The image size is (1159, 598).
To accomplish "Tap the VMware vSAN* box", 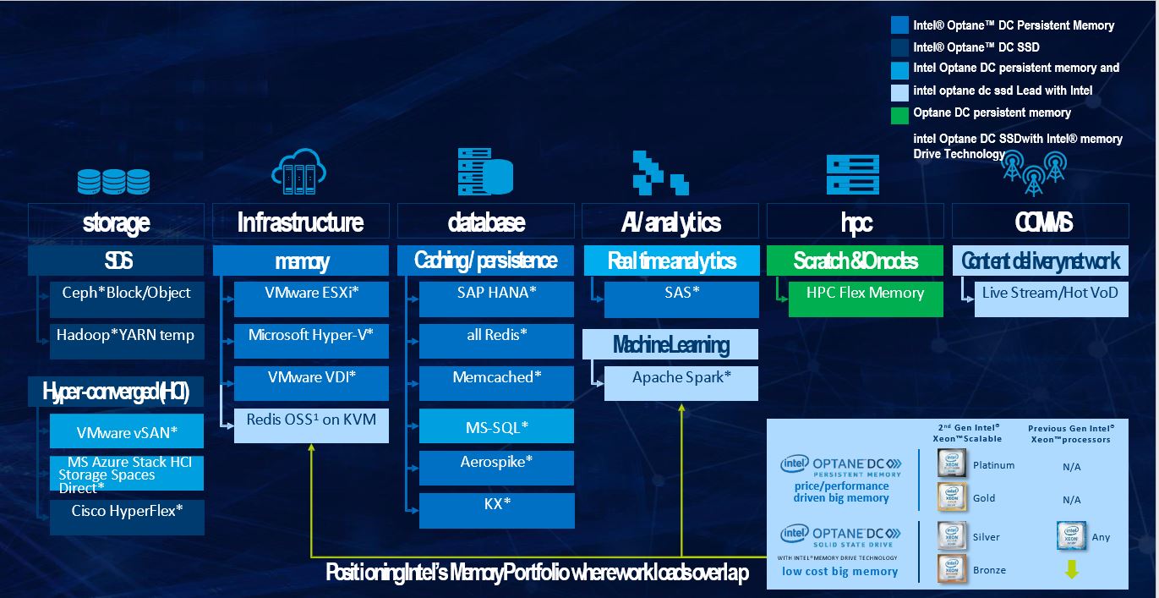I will [x=127, y=431].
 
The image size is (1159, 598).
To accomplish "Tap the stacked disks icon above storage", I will [x=113, y=180].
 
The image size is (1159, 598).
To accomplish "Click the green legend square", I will [x=901, y=112].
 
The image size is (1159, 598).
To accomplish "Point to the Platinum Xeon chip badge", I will [x=952, y=464].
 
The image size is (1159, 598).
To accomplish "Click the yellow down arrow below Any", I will [x=1071, y=570].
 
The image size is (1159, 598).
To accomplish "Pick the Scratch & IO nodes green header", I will [x=855, y=261].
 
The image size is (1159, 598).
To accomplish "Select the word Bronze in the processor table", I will [x=989, y=570].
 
